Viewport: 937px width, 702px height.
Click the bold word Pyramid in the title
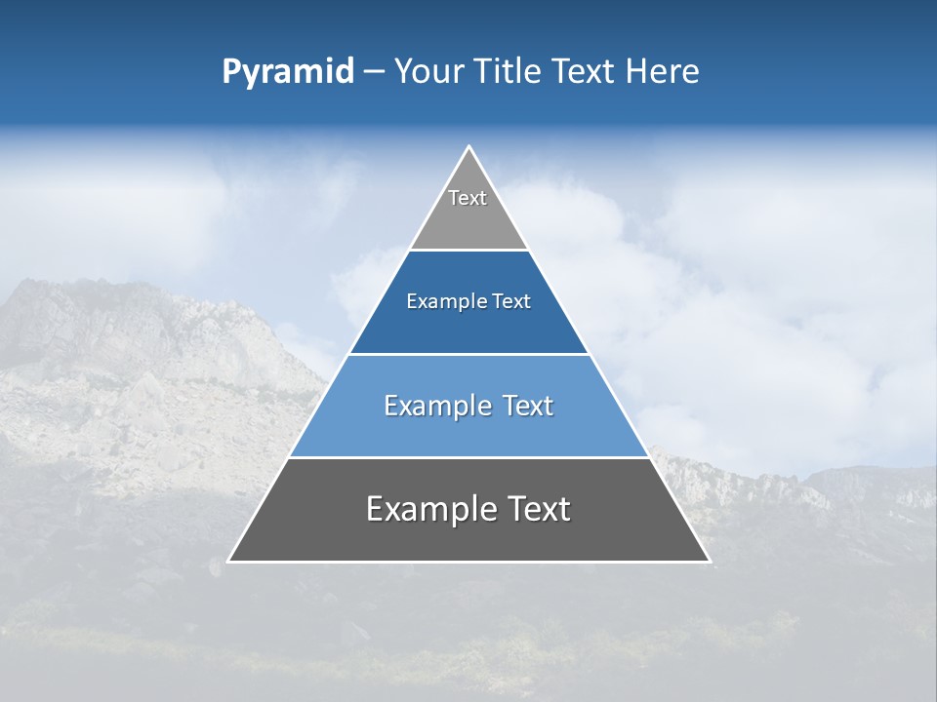tap(287, 72)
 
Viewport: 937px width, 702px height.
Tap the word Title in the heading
tap(507, 72)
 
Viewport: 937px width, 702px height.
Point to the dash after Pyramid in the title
tap(374, 72)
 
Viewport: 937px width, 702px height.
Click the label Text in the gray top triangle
tap(468, 198)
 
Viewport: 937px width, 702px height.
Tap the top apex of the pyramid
tap(469, 147)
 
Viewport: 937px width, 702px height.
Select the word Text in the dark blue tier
tap(511, 301)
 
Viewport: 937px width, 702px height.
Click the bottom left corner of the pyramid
tap(229, 561)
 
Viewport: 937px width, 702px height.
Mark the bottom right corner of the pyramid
tap(709, 561)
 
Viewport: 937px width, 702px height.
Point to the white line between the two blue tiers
tap(469, 354)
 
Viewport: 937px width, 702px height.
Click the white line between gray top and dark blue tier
tap(469, 250)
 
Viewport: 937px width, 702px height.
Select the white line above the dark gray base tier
tap(469, 457)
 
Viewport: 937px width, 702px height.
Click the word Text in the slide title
tap(585, 72)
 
